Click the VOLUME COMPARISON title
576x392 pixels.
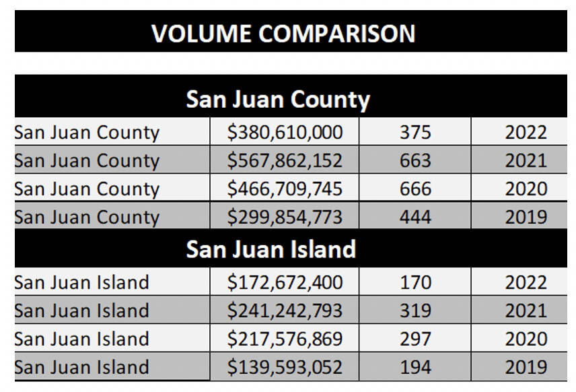[283, 33]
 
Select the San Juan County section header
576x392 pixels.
[278, 100]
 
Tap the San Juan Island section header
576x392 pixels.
[271, 249]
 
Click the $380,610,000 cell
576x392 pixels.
[285, 132]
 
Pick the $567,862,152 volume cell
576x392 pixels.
[285, 161]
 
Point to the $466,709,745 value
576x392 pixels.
[285, 189]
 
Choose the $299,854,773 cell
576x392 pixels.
[285, 218]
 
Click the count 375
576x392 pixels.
[415, 132]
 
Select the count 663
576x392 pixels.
[415, 161]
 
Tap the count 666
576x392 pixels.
[415, 189]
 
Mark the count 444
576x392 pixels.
[415, 218]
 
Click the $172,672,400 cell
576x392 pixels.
[285, 282]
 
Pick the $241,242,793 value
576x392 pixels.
[285, 311]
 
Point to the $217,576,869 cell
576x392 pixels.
[285, 339]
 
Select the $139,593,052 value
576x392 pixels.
[285, 368]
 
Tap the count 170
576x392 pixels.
[415, 282]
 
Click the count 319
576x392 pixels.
[415, 311]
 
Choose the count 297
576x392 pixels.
[415, 339]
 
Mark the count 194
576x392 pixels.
[415, 368]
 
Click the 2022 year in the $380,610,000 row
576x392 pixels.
[526, 132]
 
